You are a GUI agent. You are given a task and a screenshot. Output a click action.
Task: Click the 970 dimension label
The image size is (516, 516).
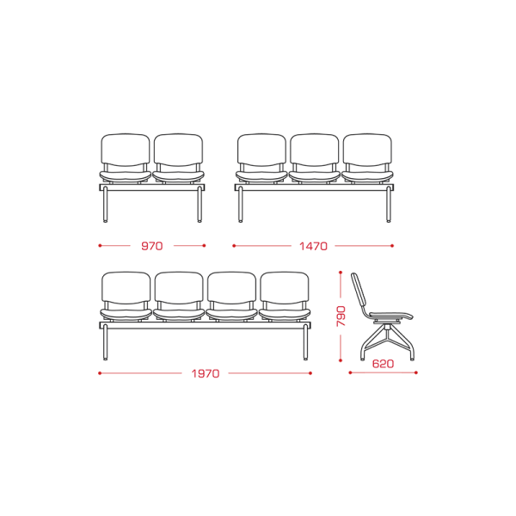151,246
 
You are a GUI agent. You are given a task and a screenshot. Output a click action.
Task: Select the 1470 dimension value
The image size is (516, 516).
313,246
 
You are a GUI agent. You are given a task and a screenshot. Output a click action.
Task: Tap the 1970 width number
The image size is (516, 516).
206,373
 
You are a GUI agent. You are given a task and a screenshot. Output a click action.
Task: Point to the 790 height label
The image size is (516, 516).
341,316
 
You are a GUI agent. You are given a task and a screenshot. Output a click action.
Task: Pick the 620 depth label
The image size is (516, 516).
383,364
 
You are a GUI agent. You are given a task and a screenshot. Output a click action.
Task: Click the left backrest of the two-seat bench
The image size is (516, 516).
126,150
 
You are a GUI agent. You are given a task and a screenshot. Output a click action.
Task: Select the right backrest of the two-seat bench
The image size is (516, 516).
178,150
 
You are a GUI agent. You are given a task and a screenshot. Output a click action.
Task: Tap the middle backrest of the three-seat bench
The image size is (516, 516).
314,150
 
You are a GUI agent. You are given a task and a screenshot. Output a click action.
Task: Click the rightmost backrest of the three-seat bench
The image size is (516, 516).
367,150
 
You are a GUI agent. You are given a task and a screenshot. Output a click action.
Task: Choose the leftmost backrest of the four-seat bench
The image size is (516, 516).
126,287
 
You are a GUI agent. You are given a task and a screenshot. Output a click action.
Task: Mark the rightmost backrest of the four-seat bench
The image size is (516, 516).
285,287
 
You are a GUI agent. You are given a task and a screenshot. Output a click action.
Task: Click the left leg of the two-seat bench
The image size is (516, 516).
105,205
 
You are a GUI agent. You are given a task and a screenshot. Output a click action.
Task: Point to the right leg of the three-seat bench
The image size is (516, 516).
389,205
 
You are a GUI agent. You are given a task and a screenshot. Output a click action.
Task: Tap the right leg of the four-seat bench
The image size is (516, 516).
305,342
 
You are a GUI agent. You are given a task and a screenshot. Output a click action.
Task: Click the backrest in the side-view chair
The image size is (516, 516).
359,291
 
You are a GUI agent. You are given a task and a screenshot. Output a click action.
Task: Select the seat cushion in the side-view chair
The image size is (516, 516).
391,316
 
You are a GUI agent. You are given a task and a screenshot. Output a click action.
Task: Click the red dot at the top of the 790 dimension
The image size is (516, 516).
341,273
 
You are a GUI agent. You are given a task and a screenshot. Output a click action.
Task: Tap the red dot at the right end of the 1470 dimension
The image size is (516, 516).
392,246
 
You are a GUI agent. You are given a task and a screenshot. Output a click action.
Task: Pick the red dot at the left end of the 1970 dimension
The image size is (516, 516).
100,373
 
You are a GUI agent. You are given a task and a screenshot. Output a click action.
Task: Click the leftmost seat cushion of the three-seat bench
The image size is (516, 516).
261,176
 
